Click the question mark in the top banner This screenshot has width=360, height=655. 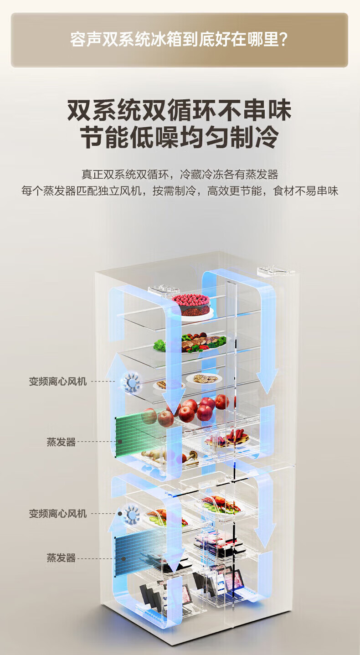click(283, 40)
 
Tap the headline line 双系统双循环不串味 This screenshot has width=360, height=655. click(179, 110)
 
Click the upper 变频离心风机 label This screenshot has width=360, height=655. click(58, 382)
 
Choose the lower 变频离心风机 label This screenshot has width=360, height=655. click(58, 514)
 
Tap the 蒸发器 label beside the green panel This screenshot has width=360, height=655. click(61, 442)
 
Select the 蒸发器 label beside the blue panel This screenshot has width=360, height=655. click(61, 557)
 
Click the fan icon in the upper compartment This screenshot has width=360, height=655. click(132, 382)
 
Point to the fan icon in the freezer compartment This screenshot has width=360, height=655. click(132, 514)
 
